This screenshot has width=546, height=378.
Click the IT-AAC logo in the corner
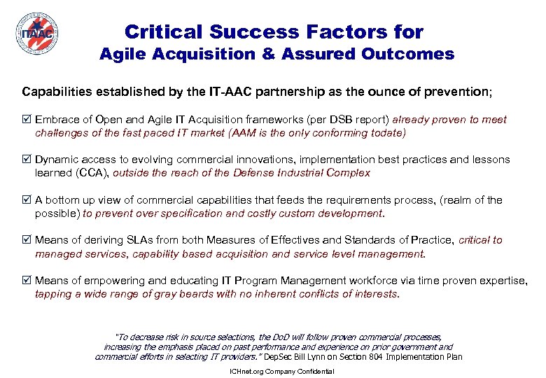coord(36,32)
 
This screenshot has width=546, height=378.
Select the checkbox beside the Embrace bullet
coord(27,120)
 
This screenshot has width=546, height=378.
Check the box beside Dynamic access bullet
coord(27,160)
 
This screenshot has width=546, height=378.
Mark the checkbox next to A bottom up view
coord(27,200)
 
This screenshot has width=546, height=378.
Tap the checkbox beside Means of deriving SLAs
coord(27,240)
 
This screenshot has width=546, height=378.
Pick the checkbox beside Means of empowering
coord(27,281)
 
